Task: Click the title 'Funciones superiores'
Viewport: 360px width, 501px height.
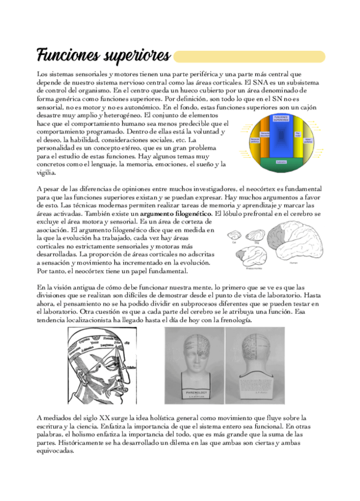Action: pyautogui.click(x=103, y=56)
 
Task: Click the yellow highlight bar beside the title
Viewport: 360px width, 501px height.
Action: pyautogui.click(x=248, y=57)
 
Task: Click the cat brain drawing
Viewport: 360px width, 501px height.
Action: pyautogui.click(x=234, y=235)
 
